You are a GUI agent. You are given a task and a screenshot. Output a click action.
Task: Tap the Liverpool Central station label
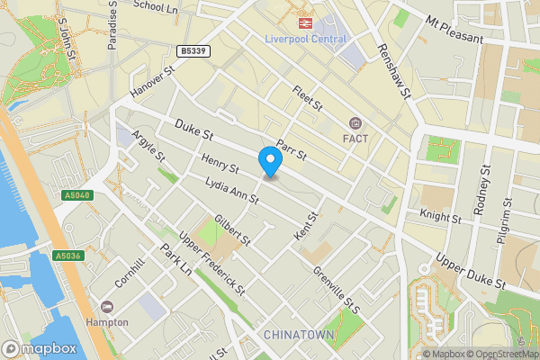305,38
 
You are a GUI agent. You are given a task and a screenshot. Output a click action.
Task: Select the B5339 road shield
193,52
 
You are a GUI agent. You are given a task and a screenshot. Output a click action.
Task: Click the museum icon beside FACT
355,122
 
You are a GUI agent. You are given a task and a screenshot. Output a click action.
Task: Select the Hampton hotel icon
108,307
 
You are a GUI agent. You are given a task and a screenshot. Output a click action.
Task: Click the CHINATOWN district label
299,335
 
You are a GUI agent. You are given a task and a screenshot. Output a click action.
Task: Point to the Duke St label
193,131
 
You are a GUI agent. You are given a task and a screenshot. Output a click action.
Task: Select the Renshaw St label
393,72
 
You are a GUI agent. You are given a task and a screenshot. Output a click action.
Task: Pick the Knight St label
440,217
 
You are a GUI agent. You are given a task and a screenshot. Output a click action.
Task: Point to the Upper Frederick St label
212,262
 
